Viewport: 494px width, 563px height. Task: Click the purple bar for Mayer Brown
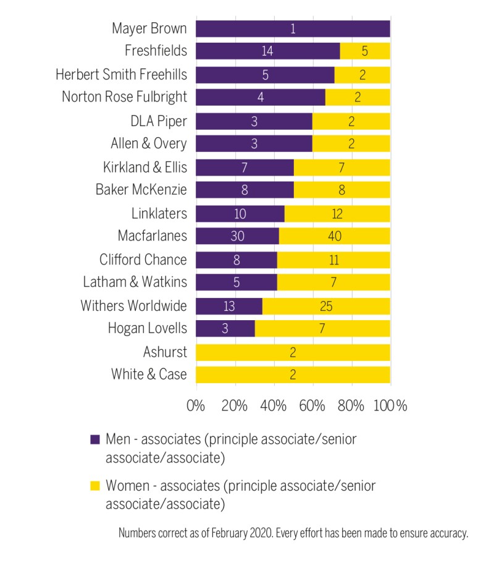pyautogui.click(x=293, y=29)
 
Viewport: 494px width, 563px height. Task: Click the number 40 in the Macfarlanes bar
pyautogui.click(x=334, y=236)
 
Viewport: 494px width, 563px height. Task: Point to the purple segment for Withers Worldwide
pyautogui.click(x=229, y=305)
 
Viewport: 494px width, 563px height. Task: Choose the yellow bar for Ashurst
pyautogui.click(x=293, y=352)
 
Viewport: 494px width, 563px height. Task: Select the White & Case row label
pyautogui.click(x=148, y=375)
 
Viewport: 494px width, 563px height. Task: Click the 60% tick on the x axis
pyautogui.click(x=312, y=406)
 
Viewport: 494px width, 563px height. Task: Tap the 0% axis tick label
pyautogui.click(x=196, y=406)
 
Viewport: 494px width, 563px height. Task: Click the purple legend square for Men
pyautogui.click(x=94, y=439)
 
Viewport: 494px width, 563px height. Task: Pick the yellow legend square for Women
pyautogui.click(x=94, y=485)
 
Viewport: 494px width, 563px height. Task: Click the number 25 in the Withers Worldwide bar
pyautogui.click(x=326, y=305)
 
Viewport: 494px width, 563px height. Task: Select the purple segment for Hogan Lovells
pyautogui.click(x=225, y=328)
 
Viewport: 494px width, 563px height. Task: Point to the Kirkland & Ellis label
pyautogui.click(x=144, y=167)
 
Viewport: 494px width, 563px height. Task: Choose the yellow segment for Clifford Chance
pyautogui.click(x=333, y=259)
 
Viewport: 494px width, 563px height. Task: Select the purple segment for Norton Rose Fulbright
pyautogui.click(x=261, y=98)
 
